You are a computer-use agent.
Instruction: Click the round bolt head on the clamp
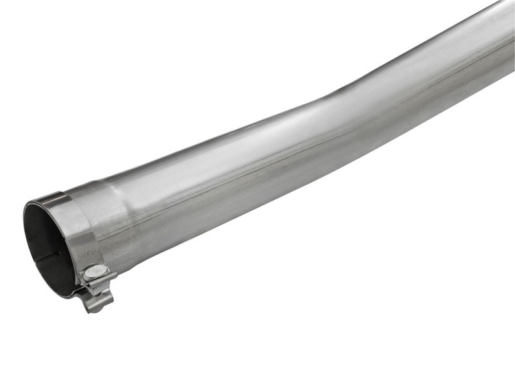(x=95, y=272)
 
